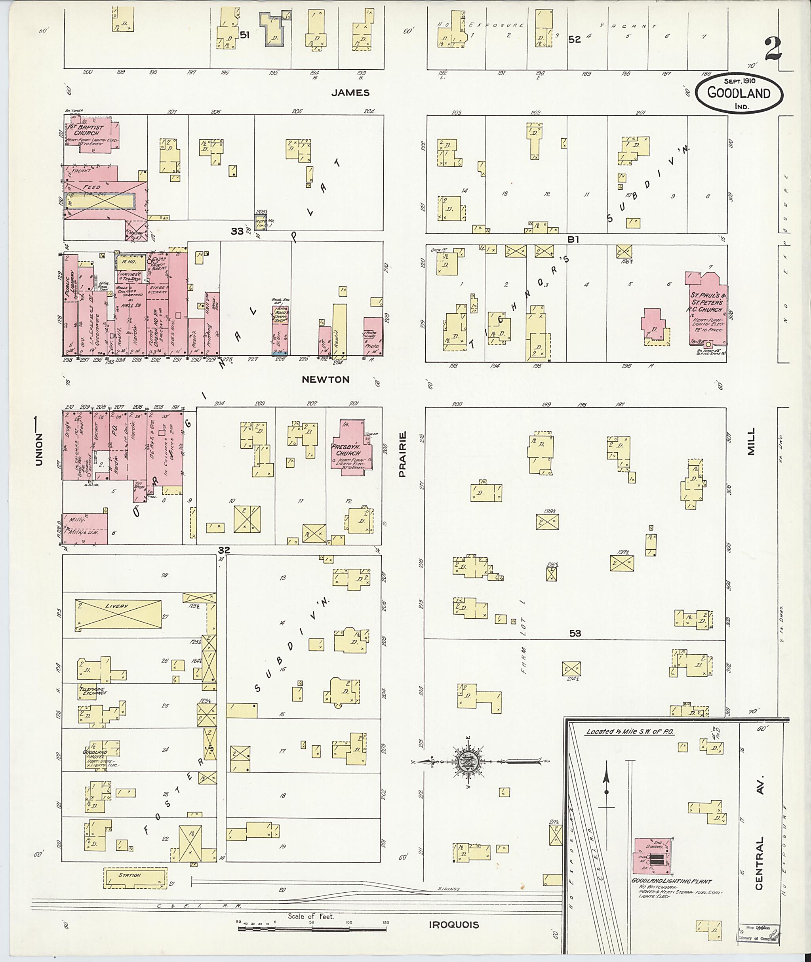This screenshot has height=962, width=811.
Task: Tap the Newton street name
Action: (326, 379)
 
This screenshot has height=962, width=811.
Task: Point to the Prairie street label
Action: (402, 454)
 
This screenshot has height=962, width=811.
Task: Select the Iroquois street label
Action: (454, 925)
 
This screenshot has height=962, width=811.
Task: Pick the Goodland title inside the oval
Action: (739, 93)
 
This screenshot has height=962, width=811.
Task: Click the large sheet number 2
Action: (774, 50)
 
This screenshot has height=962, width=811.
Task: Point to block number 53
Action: (575, 633)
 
